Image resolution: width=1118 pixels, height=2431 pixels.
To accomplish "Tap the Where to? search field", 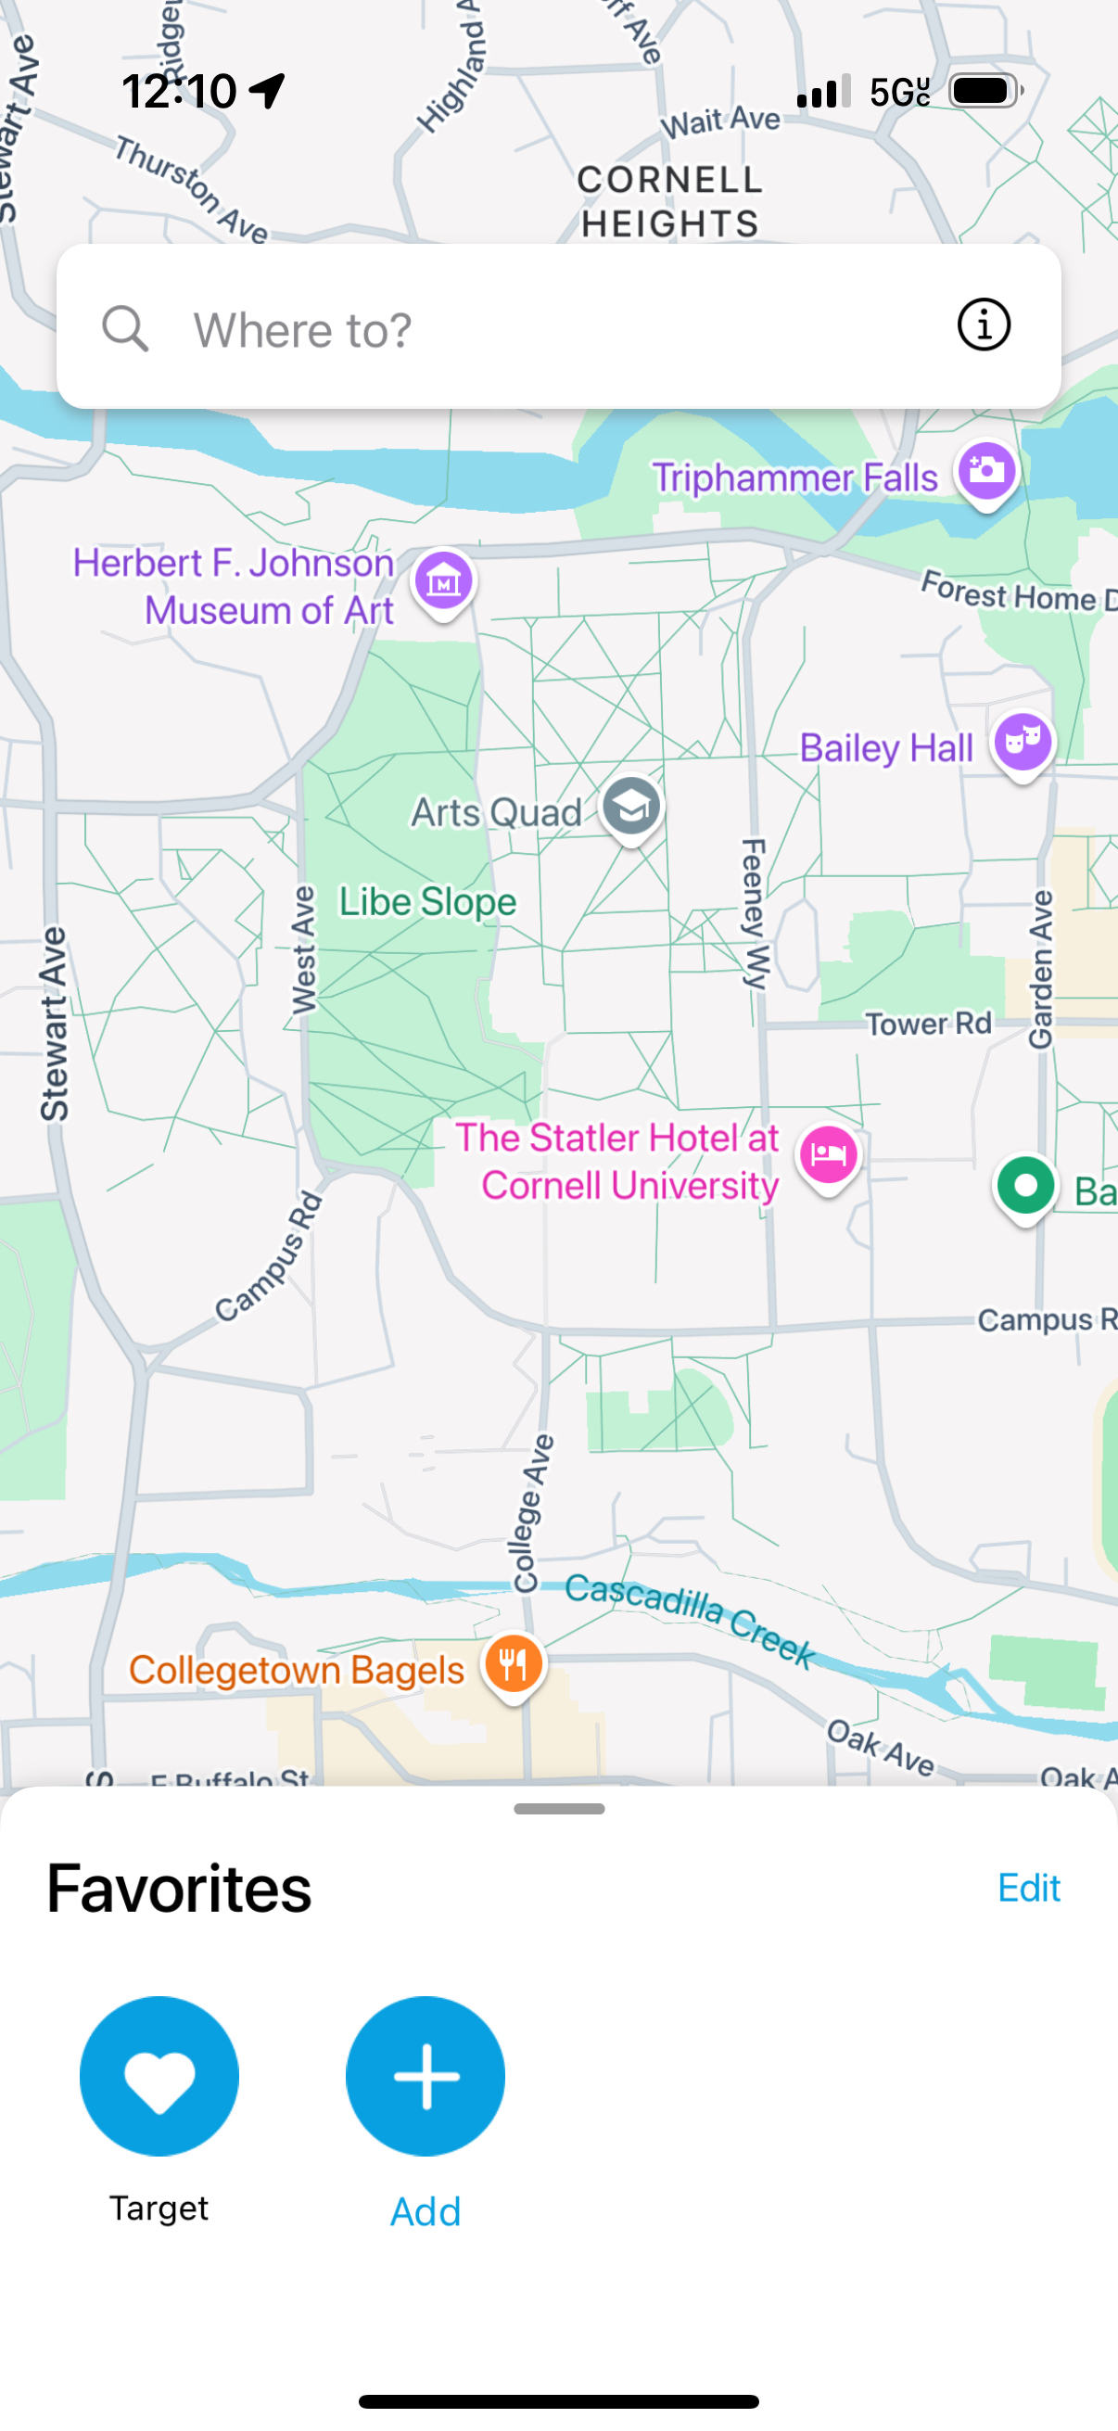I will point(528,329).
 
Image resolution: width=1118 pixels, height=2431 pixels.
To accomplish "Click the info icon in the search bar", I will point(983,325).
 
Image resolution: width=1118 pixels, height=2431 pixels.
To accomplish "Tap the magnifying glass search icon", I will point(125,329).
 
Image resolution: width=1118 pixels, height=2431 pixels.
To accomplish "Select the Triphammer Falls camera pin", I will point(986,471).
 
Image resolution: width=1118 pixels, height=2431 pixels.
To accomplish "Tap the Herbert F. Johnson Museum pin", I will point(442,580).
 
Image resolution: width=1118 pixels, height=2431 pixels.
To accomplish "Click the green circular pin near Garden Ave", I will point(1024,1185).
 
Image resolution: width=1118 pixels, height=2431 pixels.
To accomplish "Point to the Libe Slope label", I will point(427,901).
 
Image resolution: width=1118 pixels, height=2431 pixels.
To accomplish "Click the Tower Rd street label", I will point(928,1024).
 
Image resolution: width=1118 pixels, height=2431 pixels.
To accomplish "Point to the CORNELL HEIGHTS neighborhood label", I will point(669,201).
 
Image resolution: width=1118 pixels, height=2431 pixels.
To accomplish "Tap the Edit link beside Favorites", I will point(1028,1889).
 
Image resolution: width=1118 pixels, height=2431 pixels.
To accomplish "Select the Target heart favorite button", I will point(159,2076).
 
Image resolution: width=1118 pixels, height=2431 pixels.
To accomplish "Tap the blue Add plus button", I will point(426,2076).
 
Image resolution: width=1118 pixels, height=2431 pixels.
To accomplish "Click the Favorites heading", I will point(179,1889).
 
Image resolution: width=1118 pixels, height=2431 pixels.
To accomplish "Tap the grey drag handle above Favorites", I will point(558,1809).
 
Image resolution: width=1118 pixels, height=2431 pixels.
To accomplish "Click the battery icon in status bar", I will point(984,91).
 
